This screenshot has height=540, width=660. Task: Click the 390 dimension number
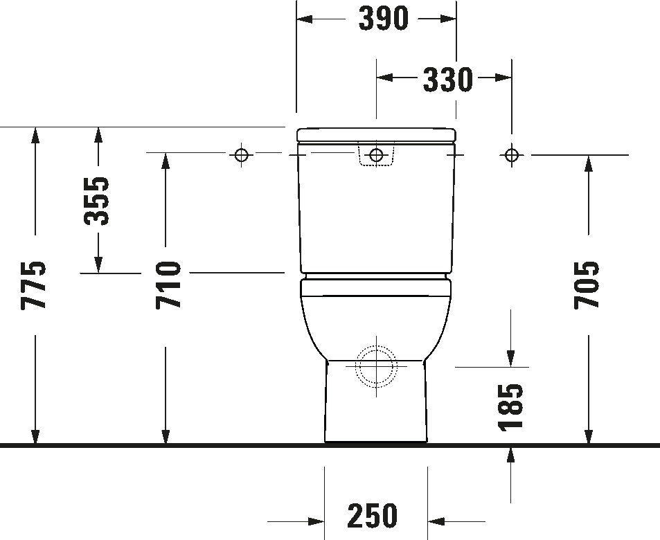tap(383, 19)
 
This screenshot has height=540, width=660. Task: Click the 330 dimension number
tap(447, 80)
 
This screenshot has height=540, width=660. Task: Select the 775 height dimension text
tap(34, 285)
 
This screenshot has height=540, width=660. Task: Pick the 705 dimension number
tap(588, 285)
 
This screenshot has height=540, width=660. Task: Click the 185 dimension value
tap(511, 406)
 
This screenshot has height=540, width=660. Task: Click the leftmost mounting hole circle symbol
tap(241, 155)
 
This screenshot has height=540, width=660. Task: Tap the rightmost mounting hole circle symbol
tap(511, 155)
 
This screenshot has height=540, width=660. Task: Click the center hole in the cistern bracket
tap(376, 155)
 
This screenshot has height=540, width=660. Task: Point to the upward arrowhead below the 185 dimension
tap(511, 454)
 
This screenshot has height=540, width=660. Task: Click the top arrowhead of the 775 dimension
tap(34, 135)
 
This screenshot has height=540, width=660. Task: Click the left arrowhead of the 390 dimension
tap(305, 19)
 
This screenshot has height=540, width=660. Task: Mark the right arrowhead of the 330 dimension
tap(503, 78)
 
